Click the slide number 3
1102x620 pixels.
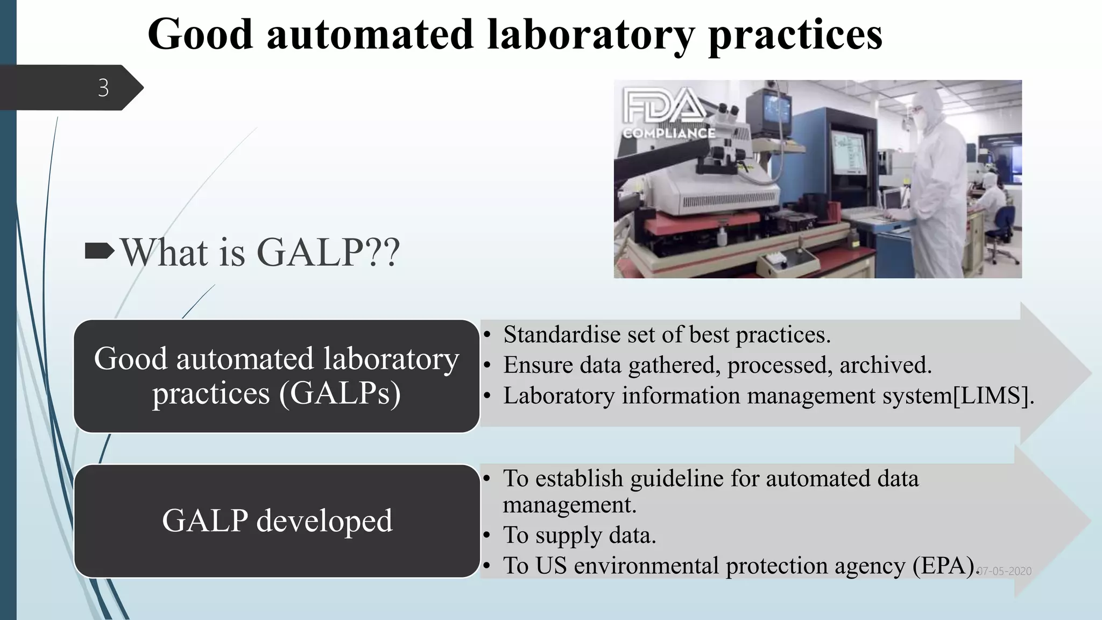[x=103, y=88]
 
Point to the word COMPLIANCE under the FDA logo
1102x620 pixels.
[x=669, y=133]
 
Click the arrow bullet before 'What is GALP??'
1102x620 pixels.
[x=100, y=251]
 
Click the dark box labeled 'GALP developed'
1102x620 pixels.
[x=277, y=520]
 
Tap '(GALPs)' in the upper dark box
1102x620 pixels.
[x=340, y=393]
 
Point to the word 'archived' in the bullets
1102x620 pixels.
[x=885, y=365]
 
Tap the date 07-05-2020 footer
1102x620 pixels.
[x=1005, y=572]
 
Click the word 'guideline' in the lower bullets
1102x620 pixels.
[x=676, y=478]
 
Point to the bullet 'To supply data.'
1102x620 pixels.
[x=579, y=536]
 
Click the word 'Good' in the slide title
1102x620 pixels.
[x=200, y=34]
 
